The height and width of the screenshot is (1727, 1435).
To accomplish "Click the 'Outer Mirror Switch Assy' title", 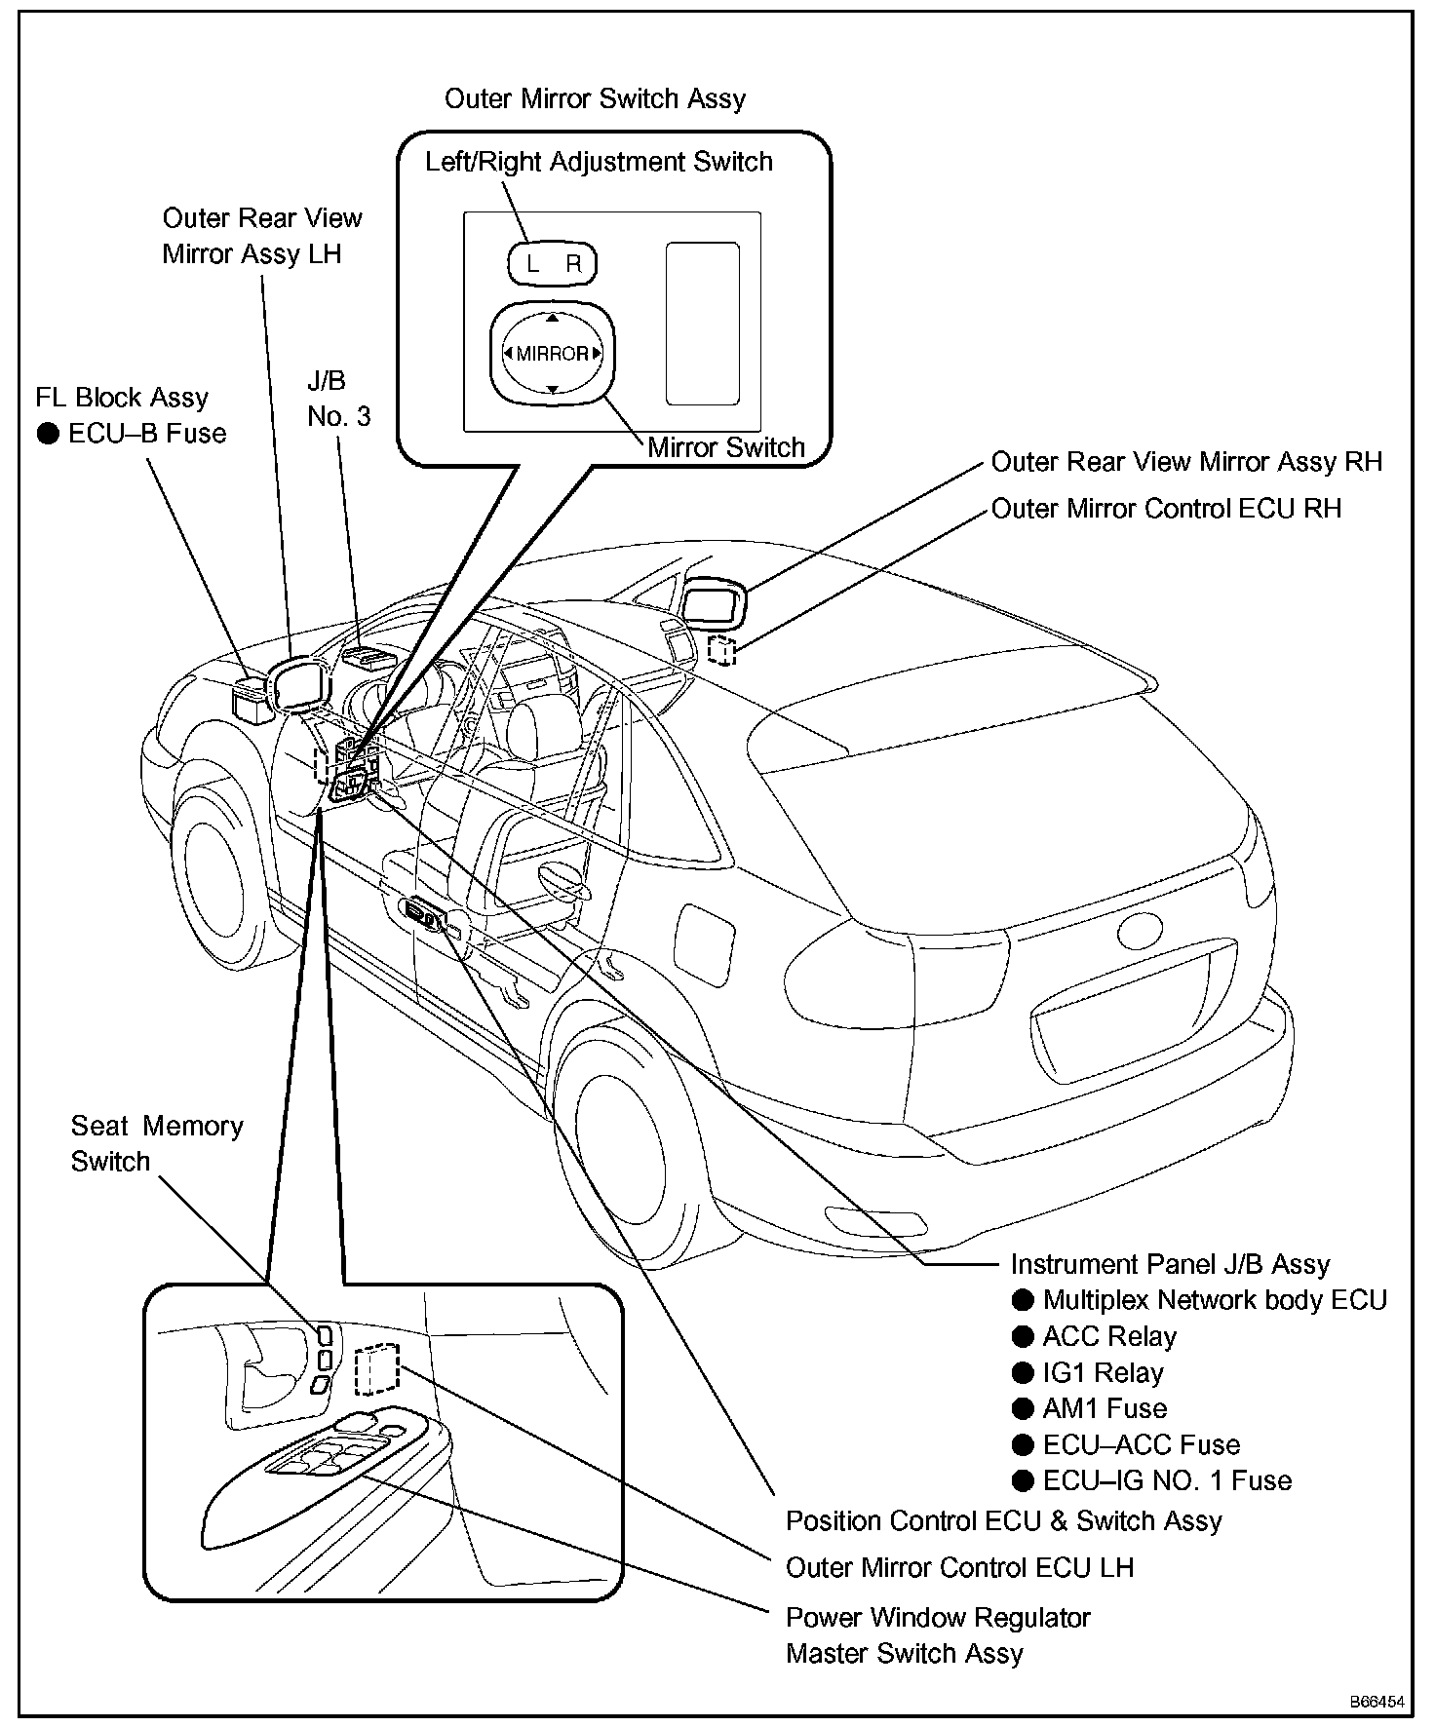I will pos(595,98).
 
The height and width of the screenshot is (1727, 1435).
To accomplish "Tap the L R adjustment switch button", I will pos(552,263).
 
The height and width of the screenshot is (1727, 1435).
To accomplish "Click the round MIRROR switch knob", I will pos(552,353).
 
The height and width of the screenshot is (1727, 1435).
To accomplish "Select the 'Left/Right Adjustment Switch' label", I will pos(599,162).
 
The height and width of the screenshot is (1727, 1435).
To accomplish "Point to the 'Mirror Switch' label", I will pos(726,447).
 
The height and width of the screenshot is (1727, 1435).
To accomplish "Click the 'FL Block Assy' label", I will pos(122,398).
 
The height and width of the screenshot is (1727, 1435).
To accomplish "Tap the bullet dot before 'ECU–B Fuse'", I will pos(48,434).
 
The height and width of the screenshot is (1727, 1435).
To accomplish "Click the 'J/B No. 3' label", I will pos(338,399).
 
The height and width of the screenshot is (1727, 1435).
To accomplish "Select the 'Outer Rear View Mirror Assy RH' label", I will pos(1186,461).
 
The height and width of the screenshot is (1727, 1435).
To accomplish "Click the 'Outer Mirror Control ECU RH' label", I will pos(1166,508).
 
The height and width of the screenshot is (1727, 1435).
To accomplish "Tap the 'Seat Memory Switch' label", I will pos(156,1143).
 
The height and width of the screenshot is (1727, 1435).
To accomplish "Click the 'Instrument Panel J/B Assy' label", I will pos(1170,1264).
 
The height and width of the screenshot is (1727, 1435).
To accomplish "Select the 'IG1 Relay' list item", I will pos(1103,1372).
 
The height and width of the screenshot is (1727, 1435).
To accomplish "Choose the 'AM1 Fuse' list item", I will pos(1105,1408).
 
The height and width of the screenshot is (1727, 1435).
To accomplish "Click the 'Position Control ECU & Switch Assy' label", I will pos(1003,1520).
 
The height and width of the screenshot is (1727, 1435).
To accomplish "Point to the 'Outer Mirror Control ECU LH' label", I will pos(959,1567).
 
